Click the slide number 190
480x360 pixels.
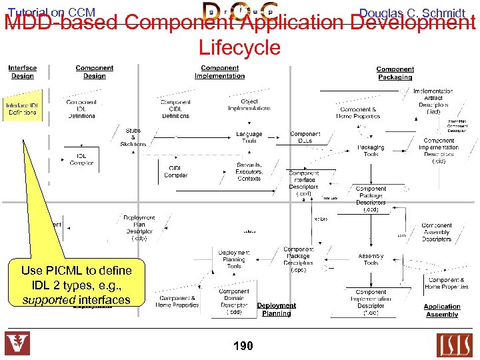(x=243, y=345)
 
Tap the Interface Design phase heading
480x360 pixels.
(x=22, y=72)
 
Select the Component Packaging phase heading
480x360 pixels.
(x=395, y=73)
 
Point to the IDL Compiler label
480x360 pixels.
(x=81, y=159)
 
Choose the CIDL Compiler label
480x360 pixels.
(x=176, y=171)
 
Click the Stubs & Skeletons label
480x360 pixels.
(x=133, y=137)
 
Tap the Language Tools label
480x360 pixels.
(x=249, y=137)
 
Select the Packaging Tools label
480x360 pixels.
(x=371, y=151)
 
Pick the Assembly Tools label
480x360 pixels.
(x=371, y=259)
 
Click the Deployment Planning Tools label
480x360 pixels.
(x=234, y=259)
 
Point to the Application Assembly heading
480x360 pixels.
(x=441, y=311)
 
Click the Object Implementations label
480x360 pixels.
(x=249, y=105)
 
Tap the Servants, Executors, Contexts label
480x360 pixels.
(x=249, y=171)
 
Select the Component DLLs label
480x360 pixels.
(x=305, y=137)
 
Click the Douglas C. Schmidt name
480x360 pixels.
(x=411, y=13)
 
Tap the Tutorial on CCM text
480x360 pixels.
(x=51, y=12)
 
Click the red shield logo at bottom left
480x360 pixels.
(x=17, y=344)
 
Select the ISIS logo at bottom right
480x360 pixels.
(x=455, y=345)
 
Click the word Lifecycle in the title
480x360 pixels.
(x=239, y=47)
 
